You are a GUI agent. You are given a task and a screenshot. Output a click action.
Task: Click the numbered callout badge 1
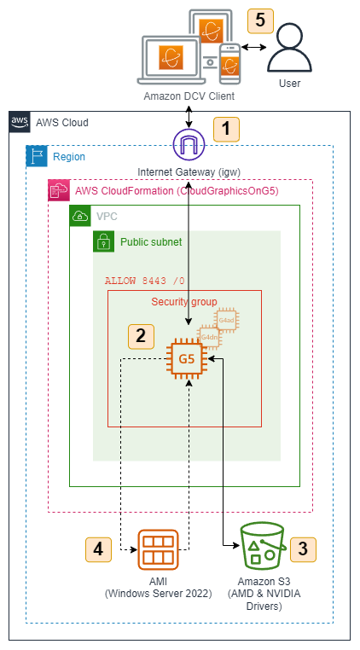coord(226,129)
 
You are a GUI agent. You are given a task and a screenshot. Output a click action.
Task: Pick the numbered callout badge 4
coord(99,548)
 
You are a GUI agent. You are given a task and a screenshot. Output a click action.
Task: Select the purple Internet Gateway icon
coord(190,143)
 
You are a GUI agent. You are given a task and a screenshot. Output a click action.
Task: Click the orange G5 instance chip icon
coord(188,359)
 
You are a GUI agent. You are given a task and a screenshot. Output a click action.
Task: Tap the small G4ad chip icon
coord(227,321)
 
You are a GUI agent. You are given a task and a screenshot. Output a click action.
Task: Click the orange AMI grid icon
coord(158,550)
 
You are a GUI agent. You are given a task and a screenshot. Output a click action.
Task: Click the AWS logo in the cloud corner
coord(20,122)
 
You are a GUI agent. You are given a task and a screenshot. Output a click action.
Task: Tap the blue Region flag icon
coord(37,157)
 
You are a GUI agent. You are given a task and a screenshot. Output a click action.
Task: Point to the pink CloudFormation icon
coord(59,190)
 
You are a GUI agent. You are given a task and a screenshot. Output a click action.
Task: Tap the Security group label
coord(183,302)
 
